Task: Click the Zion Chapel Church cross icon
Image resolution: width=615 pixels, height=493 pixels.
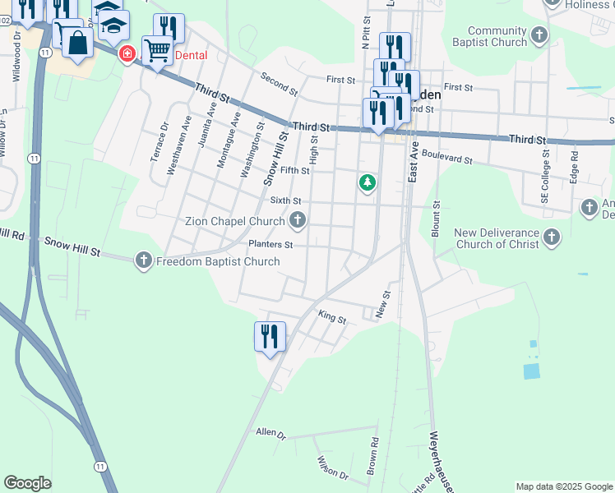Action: [x=298, y=220]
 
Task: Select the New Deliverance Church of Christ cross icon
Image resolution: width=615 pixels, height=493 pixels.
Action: [x=551, y=238]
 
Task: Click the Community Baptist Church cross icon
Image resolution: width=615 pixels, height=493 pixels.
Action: [x=539, y=35]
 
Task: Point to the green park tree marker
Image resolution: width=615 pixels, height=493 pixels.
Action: [x=368, y=182]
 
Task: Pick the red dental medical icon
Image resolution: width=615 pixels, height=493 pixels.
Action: [x=127, y=55]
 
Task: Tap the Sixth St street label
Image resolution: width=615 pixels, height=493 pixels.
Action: [x=285, y=200]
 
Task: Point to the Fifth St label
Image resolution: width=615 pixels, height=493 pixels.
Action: [x=294, y=171]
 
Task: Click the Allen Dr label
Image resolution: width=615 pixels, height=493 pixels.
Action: [x=270, y=432]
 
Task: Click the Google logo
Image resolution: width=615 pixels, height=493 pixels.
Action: [x=27, y=482]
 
